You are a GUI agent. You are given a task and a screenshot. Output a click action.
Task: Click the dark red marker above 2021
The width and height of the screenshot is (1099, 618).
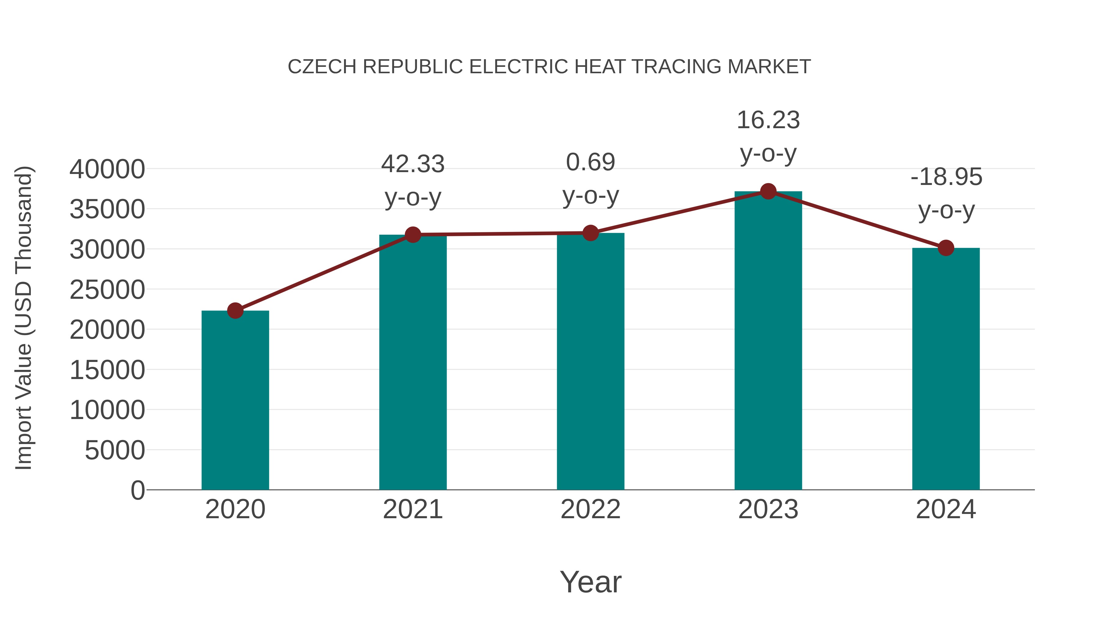[x=412, y=235]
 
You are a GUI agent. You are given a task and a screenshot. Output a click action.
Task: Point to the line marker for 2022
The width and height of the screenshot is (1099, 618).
[x=590, y=233]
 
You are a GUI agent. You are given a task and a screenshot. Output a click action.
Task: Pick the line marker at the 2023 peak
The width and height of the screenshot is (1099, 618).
[x=768, y=191]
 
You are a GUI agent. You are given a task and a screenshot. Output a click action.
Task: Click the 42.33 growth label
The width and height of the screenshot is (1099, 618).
[x=412, y=164]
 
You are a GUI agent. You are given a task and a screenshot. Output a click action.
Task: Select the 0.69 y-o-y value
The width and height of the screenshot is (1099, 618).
[x=590, y=162]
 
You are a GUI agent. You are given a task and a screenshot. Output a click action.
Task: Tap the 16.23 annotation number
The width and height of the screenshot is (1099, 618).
[x=768, y=120]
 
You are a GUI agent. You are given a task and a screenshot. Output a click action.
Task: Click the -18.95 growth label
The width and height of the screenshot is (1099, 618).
[x=946, y=177]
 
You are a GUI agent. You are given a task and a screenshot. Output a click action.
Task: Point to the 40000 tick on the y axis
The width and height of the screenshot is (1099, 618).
[x=107, y=169]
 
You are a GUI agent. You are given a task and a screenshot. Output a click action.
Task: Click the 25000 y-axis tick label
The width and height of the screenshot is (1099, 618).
[x=107, y=290]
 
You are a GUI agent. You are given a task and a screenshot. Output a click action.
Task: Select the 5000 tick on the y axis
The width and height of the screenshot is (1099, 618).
[x=115, y=450]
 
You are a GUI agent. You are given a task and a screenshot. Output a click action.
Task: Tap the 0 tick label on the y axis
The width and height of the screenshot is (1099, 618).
[x=138, y=490]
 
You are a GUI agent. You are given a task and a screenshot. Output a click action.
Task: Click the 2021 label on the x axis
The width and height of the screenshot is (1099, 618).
[x=412, y=509]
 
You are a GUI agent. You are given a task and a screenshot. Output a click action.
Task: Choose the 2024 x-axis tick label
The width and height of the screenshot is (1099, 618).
[x=946, y=509]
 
